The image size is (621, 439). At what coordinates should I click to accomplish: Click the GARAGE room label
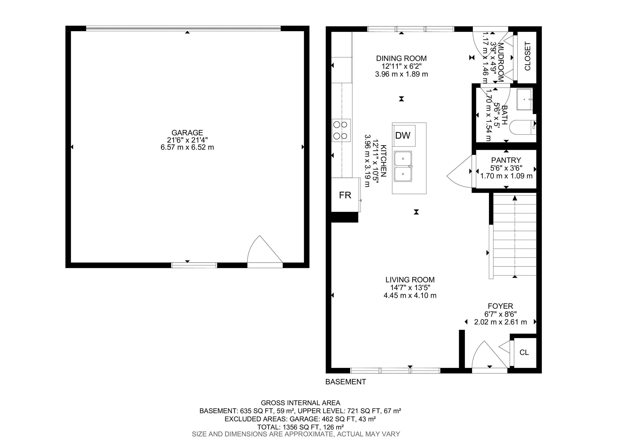click(x=187, y=133)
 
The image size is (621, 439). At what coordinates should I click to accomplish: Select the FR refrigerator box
click(x=346, y=195)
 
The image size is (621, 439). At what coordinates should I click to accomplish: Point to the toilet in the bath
click(x=523, y=127)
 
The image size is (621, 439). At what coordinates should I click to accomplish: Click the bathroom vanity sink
click(x=525, y=99)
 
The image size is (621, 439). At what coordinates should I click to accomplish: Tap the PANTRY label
click(x=506, y=160)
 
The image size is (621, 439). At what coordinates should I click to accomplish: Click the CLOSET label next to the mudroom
click(x=527, y=56)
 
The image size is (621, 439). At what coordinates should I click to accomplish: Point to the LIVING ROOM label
click(x=410, y=280)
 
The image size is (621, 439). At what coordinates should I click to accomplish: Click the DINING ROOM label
click(x=401, y=58)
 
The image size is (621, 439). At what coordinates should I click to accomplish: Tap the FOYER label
click(x=500, y=306)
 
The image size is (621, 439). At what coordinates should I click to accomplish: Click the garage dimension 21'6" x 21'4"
click(x=187, y=140)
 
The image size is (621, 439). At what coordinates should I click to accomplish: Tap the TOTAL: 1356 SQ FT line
click(x=300, y=427)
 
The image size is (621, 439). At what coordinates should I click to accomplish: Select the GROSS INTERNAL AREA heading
click(x=300, y=403)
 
